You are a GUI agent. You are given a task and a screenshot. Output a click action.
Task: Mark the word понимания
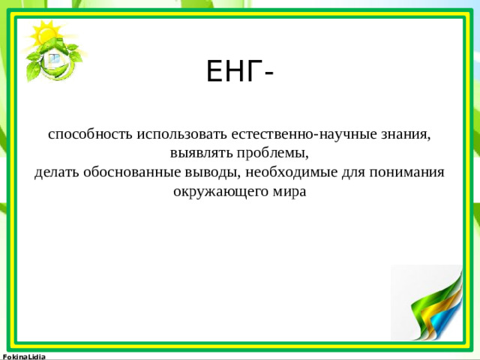pyautogui.click(x=409, y=172)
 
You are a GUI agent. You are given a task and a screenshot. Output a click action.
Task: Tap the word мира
pyautogui.click(x=291, y=191)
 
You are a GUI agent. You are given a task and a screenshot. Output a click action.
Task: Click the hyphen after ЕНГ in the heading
pyautogui.click(x=268, y=73)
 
